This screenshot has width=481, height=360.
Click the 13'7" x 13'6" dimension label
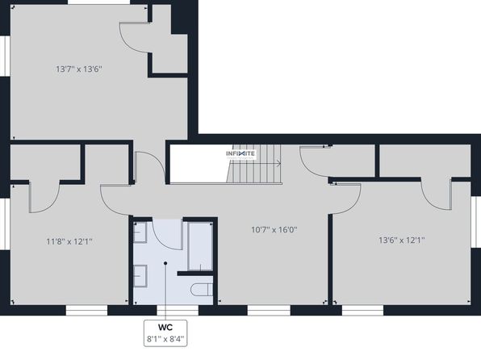click(79, 69)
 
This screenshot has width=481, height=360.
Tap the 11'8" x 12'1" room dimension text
click(69, 241)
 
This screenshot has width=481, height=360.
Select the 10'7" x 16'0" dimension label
click(274, 229)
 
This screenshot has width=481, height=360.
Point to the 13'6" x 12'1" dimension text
click(402, 240)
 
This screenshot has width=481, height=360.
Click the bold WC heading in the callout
click(165, 327)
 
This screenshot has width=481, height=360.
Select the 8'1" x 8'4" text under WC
click(165, 339)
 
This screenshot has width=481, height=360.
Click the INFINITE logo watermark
click(240, 153)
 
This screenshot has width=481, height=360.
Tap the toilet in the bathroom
click(202, 290)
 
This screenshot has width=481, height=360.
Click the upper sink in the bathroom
click(140, 232)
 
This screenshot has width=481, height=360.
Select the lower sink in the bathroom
click(140, 276)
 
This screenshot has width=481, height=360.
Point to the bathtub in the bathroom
click(200, 246)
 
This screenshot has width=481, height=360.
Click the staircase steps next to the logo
click(254, 164)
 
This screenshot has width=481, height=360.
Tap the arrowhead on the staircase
click(278, 164)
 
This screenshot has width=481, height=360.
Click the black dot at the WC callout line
click(165, 263)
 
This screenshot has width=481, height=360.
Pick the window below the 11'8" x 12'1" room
click(86, 310)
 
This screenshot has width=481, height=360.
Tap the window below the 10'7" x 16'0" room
click(269, 310)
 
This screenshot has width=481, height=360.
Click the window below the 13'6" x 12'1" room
click(362, 310)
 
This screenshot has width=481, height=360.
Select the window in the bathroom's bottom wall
click(178, 310)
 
